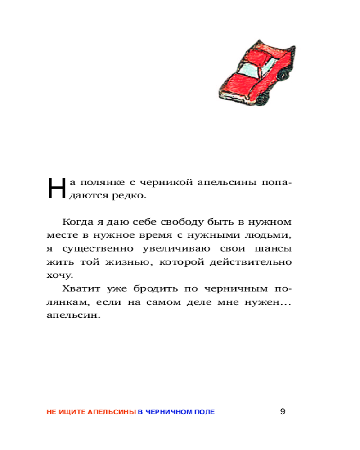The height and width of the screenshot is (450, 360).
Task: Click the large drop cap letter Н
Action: point(56,188)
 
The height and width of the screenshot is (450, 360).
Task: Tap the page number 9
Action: point(283,411)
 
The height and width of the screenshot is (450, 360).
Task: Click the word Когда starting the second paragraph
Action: point(77,222)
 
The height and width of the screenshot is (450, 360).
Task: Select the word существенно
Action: point(90,249)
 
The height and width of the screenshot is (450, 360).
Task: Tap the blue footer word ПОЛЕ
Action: point(206,412)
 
